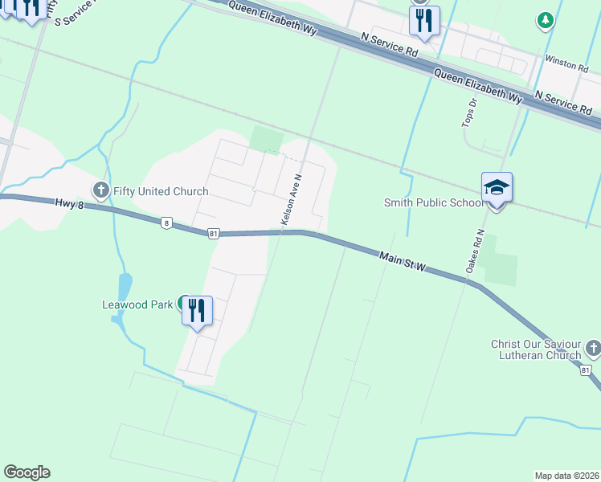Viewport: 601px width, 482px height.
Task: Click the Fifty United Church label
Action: click(160, 191)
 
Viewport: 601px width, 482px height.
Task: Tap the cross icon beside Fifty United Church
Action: click(100, 190)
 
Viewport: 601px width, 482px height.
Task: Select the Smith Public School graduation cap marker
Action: click(497, 189)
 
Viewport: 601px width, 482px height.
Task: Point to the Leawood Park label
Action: click(137, 304)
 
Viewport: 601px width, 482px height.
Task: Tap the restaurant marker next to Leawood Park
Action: click(197, 309)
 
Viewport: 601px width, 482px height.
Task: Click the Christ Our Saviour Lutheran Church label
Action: click(536, 349)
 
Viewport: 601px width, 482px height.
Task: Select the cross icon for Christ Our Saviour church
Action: click(593, 348)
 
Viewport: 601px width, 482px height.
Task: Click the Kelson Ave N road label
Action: click(291, 200)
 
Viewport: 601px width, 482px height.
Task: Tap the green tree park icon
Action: click(546, 20)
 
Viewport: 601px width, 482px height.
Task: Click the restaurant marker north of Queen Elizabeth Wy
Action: click(423, 20)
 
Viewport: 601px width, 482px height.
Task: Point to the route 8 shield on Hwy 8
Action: click(166, 223)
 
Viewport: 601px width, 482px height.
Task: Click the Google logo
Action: click(27, 472)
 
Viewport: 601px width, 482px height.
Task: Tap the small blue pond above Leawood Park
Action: click(125, 286)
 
